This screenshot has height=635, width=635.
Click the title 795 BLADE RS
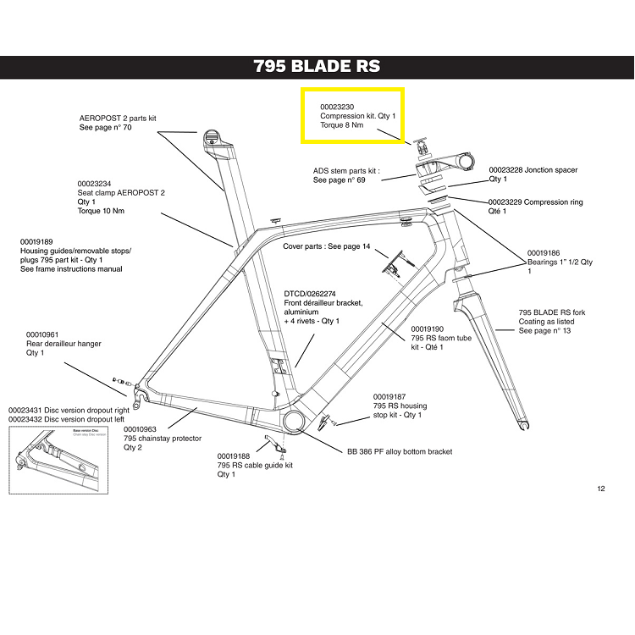(x=317, y=67)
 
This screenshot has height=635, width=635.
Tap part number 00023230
(x=337, y=106)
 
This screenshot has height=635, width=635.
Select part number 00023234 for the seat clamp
(x=94, y=184)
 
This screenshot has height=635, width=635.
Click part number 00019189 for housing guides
(x=37, y=241)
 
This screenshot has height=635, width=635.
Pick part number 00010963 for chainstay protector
(x=141, y=429)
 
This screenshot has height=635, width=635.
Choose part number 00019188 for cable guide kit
(x=235, y=456)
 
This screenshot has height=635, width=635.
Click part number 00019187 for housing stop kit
(x=389, y=396)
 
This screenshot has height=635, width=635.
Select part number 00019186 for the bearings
(x=544, y=253)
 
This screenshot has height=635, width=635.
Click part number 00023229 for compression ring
(x=505, y=202)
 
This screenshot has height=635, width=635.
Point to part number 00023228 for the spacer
(x=506, y=170)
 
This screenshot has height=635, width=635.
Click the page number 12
(x=601, y=488)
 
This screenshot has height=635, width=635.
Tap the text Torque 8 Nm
(x=342, y=125)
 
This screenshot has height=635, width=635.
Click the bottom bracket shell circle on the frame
(x=296, y=422)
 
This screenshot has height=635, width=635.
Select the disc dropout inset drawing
(x=58, y=460)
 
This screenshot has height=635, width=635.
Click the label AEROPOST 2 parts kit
(x=119, y=118)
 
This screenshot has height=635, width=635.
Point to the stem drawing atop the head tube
(x=440, y=157)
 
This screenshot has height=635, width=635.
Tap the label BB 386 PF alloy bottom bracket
(x=400, y=452)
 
